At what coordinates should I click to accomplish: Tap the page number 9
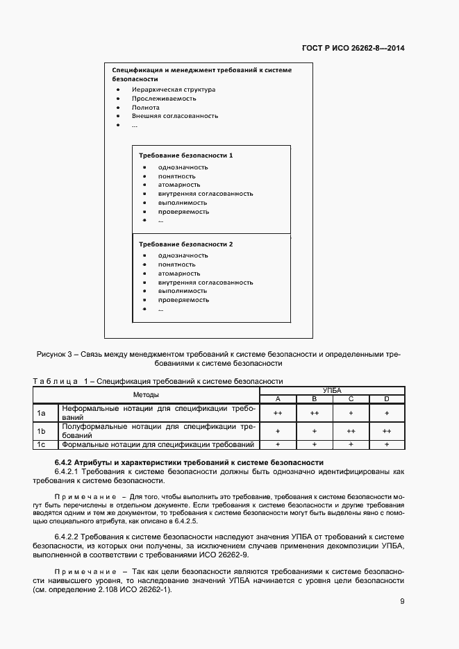pyautogui.click(x=402, y=601)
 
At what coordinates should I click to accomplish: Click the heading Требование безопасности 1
pyautogui.click(x=185, y=155)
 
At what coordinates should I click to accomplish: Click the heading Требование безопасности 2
pyautogui.click(x=185, y=244)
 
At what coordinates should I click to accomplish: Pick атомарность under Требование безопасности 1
pyautogui.click(x=178, y=185)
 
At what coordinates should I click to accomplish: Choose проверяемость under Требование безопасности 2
pyautogui.click(x=183, y=300)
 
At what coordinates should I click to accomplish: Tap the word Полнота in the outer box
pyautogui.click(x=146, y=108)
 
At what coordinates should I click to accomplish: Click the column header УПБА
pyautogui.click(x=332, y=391)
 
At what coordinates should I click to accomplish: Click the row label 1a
pyautogui.click(x=41, y=414)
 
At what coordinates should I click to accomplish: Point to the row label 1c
pyautogui.click(x=41, y=444)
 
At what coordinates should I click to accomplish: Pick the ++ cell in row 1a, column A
pyautogui.click(x=278, y=414)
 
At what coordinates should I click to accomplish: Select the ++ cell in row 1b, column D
pyautogui.click(x=387, y=431)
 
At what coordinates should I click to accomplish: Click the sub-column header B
pyautogui.click(x=314, y=399)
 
